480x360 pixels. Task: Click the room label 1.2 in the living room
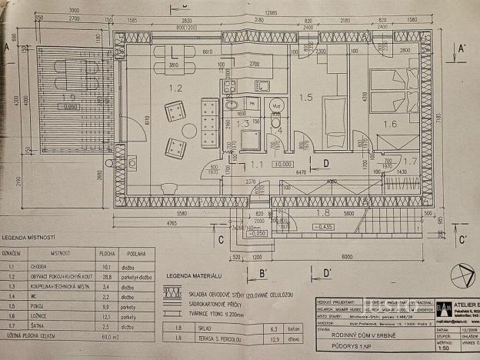coord(175,88)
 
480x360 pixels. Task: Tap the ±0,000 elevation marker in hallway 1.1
coord(284,164)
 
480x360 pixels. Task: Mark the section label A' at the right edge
coord(461,48)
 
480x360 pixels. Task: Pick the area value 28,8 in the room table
coord(109,274)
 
